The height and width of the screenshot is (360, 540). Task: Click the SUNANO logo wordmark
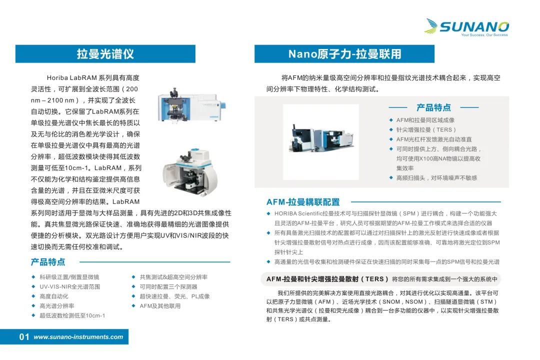pyautogui.click(x=474, y=26)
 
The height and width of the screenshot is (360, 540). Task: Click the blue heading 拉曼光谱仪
pyautogui.click(x=105, y=53)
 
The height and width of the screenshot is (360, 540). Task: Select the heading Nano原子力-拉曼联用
pyautogui.click(x=344, y=53)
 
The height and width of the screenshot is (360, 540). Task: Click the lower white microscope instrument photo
pyautogui.click(x=190, y=172)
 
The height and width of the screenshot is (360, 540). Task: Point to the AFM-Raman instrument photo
pyautogui.click(x=321, y=141)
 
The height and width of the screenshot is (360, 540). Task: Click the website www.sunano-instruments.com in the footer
pyautogui.click(x=78, y=337)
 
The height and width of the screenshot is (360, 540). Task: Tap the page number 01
pyautogui.click(x=24, y=337)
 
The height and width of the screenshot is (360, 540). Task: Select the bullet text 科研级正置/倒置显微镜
pyautogui.click(x=69, y=277)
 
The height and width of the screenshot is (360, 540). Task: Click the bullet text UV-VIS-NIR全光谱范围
pyautogui.click(x=70, y=286)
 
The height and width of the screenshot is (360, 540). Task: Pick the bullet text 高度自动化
pyautogui.click(x=53, y=296)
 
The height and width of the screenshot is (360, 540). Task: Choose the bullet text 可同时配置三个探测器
pyautogui.click(x=168, y=286)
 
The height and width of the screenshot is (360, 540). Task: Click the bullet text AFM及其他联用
pyautogui.click(x=160, y=306)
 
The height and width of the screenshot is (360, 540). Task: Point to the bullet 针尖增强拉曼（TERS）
pyautogui.click(x=426, y=129)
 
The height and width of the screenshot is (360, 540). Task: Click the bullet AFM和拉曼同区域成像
pyautogui.click(x=425, y=120)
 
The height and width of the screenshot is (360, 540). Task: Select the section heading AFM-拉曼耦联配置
pyautogui.click(x=303, y=202)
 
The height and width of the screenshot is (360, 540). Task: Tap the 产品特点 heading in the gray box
pyautogui.click(x=433, y=107)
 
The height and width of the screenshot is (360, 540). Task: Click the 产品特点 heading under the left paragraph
pyautogui.click(x=48, y=262)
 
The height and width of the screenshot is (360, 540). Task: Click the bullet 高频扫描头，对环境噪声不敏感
pyautogui.click(x=436, y=178)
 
